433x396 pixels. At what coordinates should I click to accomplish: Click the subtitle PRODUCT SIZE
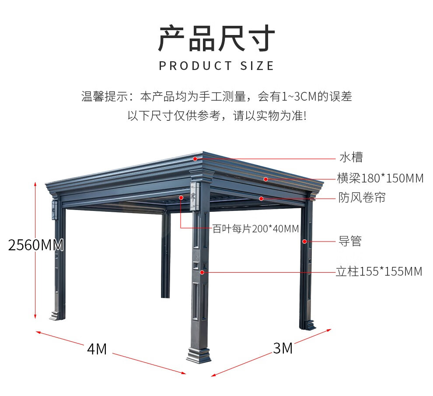(216, 66)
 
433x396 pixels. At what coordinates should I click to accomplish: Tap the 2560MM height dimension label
(36, 245)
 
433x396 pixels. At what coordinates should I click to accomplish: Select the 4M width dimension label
(97, 349)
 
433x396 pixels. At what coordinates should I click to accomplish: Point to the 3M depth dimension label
(283, 348)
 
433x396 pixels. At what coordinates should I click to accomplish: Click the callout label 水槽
(351, 157)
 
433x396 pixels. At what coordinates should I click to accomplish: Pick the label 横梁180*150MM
(380, 178)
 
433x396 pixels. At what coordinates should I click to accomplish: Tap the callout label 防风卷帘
(362, 197)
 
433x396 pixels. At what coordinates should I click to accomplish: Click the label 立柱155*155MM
(379, 272)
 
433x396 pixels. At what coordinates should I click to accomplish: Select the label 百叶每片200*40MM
(256, 228)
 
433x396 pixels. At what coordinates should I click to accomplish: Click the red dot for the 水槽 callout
(195, 159)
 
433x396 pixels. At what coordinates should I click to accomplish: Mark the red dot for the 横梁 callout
(265, 179)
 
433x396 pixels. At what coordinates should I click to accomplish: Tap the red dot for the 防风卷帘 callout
(261, 199)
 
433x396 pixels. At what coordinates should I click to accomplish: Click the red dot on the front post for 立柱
(202, 272)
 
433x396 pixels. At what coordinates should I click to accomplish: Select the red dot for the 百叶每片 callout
(181, 197)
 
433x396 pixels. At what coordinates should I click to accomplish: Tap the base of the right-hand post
(308, 325)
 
